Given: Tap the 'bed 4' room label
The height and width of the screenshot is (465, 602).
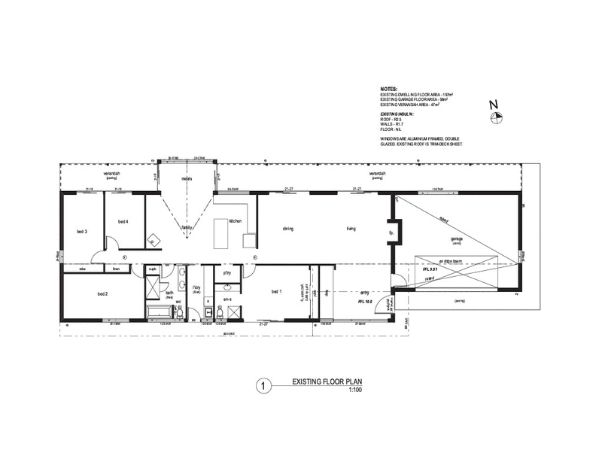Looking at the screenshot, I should [x=123, y=221].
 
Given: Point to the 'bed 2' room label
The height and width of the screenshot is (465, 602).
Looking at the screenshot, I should [x=104, y=294].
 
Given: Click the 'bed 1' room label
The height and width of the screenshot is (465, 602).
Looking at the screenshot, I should [x=276, y=292].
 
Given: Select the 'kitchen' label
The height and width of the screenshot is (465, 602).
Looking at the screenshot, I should [x=235, y=220].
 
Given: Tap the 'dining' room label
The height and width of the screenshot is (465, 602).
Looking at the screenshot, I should [x=287, y=229].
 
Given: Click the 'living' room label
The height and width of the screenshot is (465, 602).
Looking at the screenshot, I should [x=351, y=229].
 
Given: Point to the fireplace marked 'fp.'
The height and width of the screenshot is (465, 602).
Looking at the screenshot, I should [x=392, y=232].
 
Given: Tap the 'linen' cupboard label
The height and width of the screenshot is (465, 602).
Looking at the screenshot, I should [x=117, y=269].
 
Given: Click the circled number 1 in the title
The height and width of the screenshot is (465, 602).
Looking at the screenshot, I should [x=263, y=387].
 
